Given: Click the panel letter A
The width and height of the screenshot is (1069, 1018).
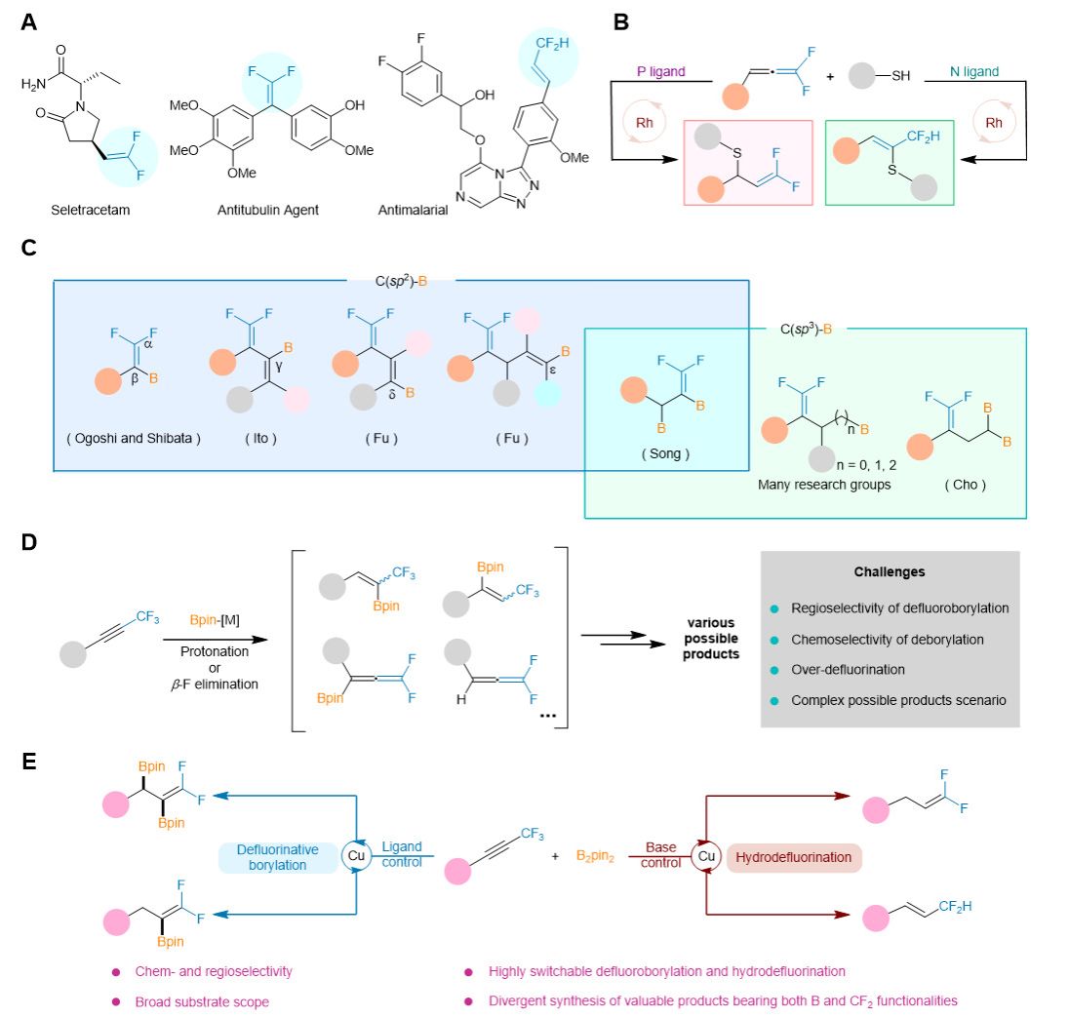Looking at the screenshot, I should coord(29,20).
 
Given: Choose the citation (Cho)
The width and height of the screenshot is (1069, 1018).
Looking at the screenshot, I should coord(964,484).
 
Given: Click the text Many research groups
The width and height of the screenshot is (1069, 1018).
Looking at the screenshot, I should coord(824,484).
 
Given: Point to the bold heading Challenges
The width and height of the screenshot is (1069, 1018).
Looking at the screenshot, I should coord(891,572).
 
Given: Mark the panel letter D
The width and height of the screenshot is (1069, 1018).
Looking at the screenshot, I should coord(29,541).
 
